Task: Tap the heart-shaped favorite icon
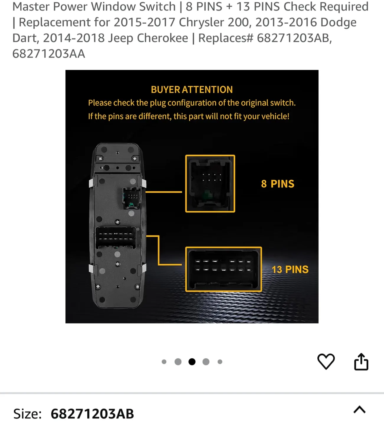326,362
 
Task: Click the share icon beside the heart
361,362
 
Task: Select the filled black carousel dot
192,362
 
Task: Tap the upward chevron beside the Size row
360,410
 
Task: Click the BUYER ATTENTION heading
192,90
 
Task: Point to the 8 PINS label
278,184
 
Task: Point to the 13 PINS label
290,269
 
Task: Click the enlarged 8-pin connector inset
210,184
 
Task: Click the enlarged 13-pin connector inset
224,269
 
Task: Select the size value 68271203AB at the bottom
92,414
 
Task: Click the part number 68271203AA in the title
49,54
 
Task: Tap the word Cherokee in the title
163,38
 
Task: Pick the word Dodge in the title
338,22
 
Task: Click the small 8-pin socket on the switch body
132,198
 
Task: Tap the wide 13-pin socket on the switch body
116,238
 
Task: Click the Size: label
27,414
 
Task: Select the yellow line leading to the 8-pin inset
163,192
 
